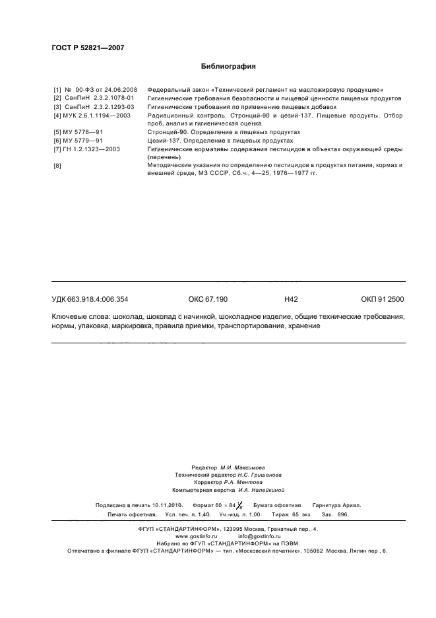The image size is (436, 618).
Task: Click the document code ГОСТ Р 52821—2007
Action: [88, 48]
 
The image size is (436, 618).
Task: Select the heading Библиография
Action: [228, 66]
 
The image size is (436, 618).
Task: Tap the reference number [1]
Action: [57, 88]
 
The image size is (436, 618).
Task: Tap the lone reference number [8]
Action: [57, 166]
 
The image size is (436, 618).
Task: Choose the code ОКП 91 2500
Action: [383, 299]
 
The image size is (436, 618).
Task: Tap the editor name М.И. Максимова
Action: [243, 467]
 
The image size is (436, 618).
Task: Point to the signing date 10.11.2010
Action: [167, 505]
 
